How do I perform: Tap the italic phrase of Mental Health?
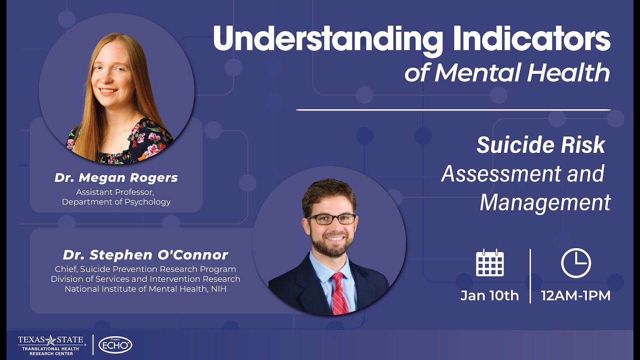(x=507, y=73)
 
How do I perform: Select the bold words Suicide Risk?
(x=541, y=145)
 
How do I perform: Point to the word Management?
(x=545, y=202)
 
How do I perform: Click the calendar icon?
(x=489, y=263)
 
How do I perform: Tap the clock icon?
(x=575, y=263)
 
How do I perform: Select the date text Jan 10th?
(x=489, y=295)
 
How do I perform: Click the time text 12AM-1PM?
(x=575, y=295)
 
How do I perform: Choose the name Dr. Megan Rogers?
(x=116, y=178)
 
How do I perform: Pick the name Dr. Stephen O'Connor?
(x=145, y=255)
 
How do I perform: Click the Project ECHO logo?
(x=115, y=344)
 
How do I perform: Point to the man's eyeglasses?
(x=331, y=219)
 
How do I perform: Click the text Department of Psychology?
(x=116, y=202)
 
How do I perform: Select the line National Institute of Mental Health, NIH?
(x=145, y=288)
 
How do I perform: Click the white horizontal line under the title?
(x=453, y=109)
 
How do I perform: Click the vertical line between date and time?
(x=530, y=276)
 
